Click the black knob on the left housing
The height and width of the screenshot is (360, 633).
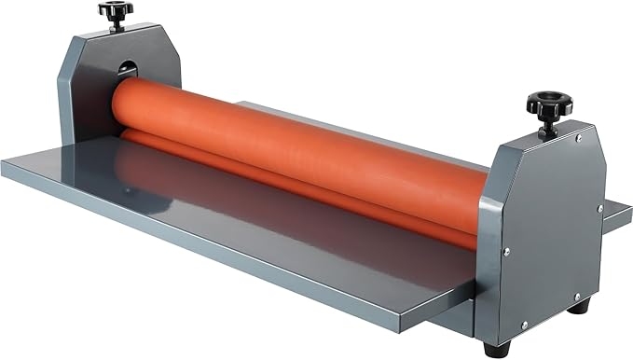[115, 10]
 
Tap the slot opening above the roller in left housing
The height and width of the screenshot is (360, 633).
[127, 69]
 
